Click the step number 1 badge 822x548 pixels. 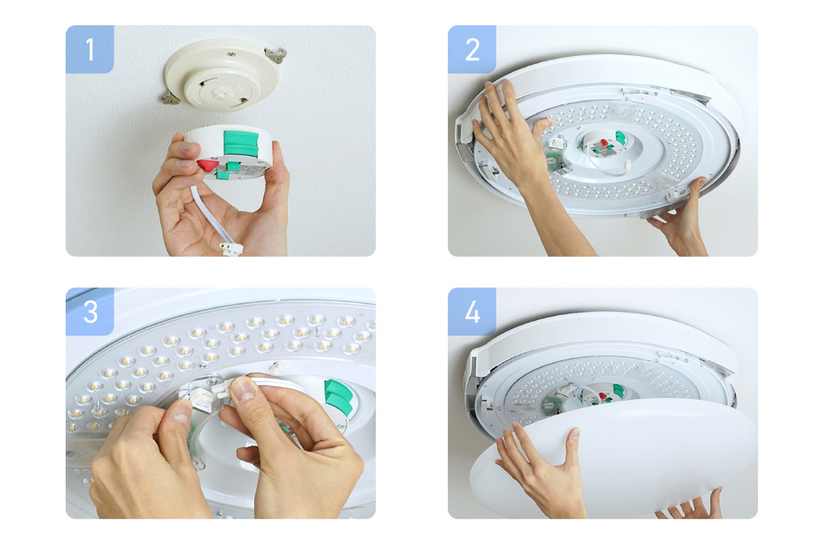(90, 49)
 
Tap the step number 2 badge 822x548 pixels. (472, 49)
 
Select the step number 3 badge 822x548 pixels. (90, 311)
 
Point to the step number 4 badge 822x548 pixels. (472, 311)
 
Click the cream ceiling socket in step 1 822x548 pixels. (222, 73)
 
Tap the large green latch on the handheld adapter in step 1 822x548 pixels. (241, 144)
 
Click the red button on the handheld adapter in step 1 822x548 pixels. (208, 165)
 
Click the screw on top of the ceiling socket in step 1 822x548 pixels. (230, 53)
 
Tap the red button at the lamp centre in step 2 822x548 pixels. (604, 143)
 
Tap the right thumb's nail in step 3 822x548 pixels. (243, 389)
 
